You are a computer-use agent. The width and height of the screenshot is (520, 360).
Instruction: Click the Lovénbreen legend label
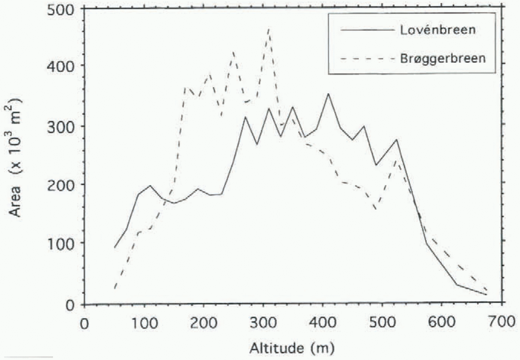438,30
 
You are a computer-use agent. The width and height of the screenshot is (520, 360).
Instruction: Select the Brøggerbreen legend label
443,59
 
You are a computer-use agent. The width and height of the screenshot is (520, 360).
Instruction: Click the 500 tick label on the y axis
61,10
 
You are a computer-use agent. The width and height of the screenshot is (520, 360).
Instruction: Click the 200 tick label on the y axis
61,185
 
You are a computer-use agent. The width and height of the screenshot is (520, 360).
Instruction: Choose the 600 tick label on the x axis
442,322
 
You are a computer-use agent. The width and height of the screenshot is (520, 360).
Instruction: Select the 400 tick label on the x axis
323,322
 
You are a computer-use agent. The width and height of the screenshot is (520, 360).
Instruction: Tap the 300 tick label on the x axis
263,322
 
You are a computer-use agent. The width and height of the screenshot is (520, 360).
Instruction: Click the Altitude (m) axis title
292,348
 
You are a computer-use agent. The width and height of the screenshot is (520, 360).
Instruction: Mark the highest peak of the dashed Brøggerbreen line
269,28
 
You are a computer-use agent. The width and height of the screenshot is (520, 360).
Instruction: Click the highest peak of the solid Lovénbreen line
328,94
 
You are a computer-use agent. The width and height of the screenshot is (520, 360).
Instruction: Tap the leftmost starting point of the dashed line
115,288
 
